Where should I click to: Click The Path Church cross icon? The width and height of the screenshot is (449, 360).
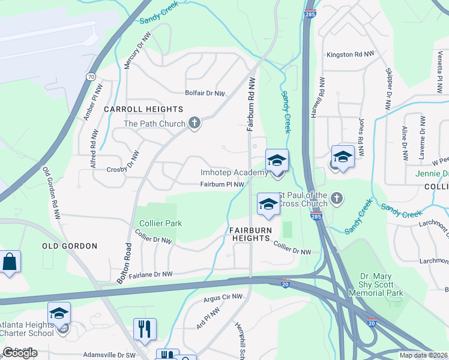coord(194,124)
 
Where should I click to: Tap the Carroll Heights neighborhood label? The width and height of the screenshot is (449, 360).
coord(143,109)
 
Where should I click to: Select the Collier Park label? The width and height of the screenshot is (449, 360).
coord(160,223)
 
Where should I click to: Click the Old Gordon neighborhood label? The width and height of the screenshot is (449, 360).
coord(70,246)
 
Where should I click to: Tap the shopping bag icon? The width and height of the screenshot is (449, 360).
coord(10,262)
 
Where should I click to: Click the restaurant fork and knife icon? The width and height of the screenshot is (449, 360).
coord(145,329)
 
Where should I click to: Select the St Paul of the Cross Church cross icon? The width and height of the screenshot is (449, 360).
coord(337,198)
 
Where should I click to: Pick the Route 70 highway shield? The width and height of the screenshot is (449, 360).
coord(90,77)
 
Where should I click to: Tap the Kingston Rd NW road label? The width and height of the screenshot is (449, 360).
coord(351,54)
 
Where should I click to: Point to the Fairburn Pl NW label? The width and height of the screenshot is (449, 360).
coord(222,185)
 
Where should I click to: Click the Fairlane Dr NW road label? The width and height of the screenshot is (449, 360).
coord(150,274)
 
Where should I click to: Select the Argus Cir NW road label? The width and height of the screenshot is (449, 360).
coord(223,296)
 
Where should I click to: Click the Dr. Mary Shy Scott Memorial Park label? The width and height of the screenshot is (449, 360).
coord(381,284)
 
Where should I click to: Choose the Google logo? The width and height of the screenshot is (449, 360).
coord(20,353)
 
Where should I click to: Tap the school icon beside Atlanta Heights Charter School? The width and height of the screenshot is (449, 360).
coord(59,313)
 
